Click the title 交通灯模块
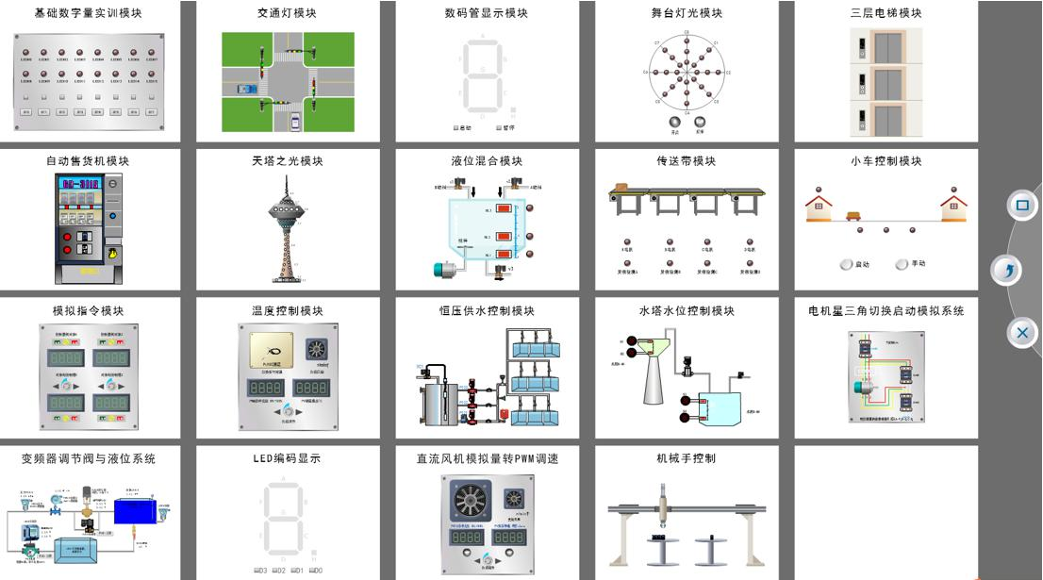coord(288,13)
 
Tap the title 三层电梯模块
coord(886,13)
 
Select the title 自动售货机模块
coord(88,161)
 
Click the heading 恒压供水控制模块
coord(487,310)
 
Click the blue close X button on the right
coord(1022,332)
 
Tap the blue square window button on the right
coord(1021,205)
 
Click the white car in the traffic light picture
coord(296,120)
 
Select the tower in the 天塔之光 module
coord(287,227)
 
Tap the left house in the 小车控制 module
coord(819,203)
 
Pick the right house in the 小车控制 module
coord(953,203)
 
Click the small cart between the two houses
coord(853,215)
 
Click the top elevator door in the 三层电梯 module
coord(887,44)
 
